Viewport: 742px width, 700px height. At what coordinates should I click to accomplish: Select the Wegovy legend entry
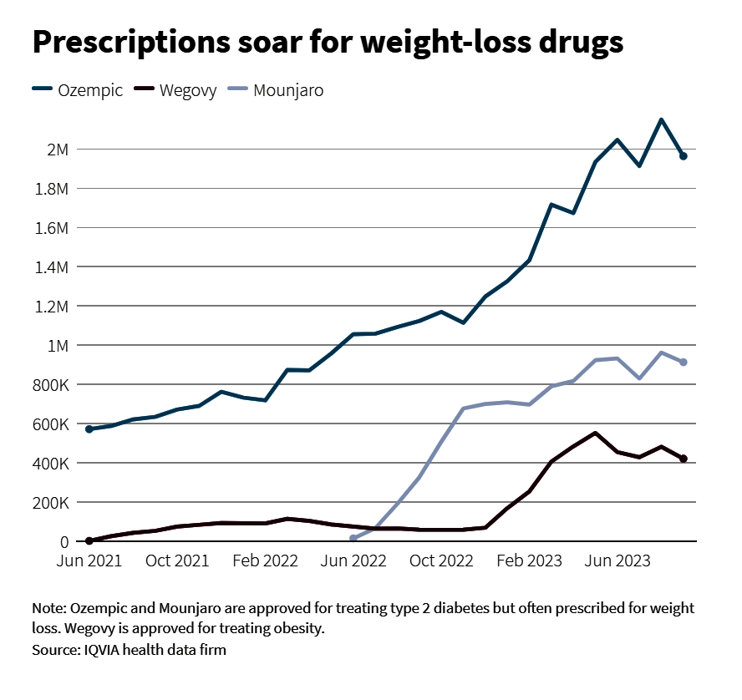(176, 90)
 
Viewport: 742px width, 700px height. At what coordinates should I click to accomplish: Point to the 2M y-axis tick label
(58, 150)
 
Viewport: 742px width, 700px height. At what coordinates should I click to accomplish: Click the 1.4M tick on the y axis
(51, 267)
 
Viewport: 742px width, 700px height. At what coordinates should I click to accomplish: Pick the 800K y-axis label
(50, 385)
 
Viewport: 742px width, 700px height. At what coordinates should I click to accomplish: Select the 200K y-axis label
(50, 503)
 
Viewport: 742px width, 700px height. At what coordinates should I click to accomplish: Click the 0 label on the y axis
(64, 542)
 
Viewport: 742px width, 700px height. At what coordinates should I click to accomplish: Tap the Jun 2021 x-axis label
(89, 561)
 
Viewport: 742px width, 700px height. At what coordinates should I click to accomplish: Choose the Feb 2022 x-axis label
(265, 561)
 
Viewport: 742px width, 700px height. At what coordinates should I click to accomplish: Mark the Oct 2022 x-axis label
(441, 561)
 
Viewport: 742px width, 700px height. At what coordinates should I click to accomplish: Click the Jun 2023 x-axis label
(617, 561)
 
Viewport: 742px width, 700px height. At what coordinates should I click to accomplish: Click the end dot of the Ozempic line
(684, 156)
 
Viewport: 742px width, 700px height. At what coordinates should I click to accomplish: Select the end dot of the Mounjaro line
(684, 362)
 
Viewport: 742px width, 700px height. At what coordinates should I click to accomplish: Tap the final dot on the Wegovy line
(684, 459)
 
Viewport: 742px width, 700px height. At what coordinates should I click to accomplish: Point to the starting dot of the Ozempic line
(89, 429)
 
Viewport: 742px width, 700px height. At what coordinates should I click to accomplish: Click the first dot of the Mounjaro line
(353, 539)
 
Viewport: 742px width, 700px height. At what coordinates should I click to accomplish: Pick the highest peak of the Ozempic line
(661, 120)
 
